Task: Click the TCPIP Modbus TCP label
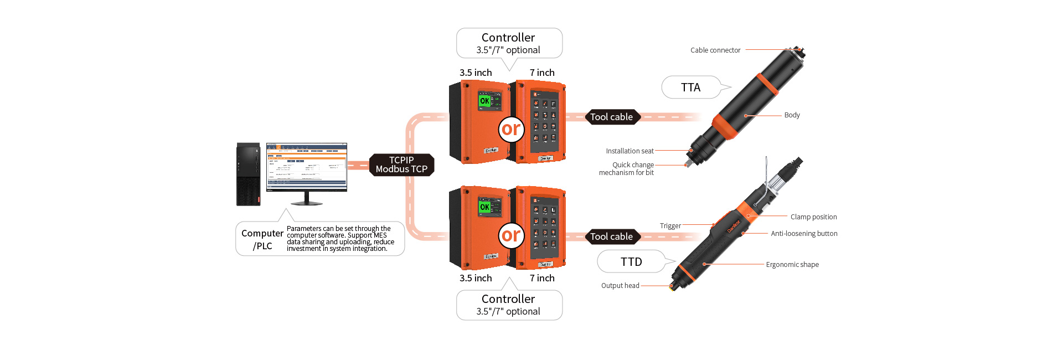401,164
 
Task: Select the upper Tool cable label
611,117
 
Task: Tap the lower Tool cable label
611,236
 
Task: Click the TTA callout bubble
691,88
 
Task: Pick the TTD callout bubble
631,262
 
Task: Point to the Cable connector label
715,50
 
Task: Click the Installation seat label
629,151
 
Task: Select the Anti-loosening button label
804,234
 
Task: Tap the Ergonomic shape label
792,265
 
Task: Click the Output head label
620,286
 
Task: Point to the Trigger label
670,226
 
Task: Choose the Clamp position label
813,217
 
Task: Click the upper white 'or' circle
511,129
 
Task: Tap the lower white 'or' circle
511,235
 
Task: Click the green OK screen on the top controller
485,101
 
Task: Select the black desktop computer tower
248,174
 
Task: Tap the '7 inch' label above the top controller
542,73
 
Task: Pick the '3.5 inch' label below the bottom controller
476,278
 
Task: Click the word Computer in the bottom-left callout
262,234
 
